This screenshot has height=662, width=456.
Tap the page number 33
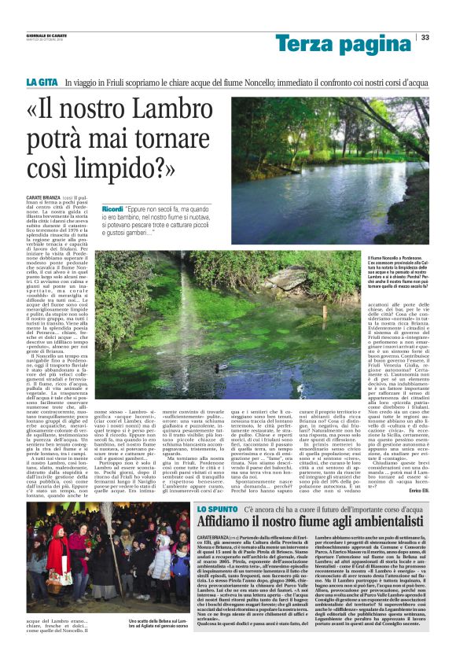point(425,37)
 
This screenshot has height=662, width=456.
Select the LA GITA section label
point(42,82)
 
